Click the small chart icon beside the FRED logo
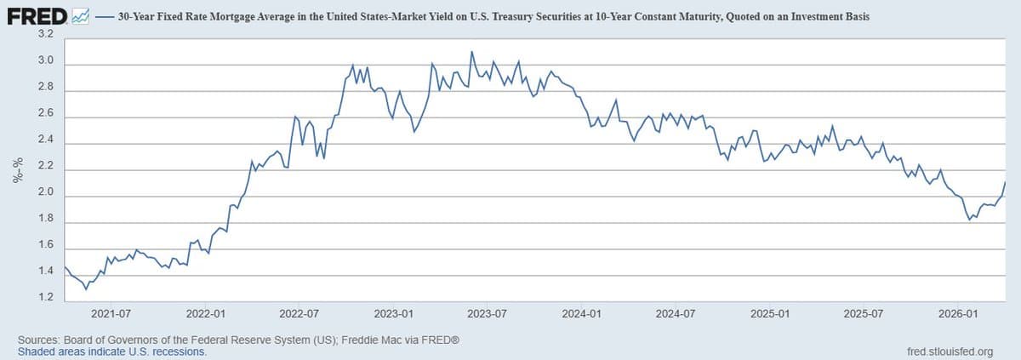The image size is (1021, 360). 82,16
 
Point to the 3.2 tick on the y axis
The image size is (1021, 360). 46,34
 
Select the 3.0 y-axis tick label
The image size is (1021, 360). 46,61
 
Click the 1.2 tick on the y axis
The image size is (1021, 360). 46,299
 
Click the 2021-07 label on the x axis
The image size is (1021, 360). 111,314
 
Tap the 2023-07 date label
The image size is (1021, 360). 488,314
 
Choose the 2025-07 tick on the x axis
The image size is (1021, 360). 863,314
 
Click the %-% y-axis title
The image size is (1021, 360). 16,170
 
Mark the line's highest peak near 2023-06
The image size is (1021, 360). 471,51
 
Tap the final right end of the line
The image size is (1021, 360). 1006,181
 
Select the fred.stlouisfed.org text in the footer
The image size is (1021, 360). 950,351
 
